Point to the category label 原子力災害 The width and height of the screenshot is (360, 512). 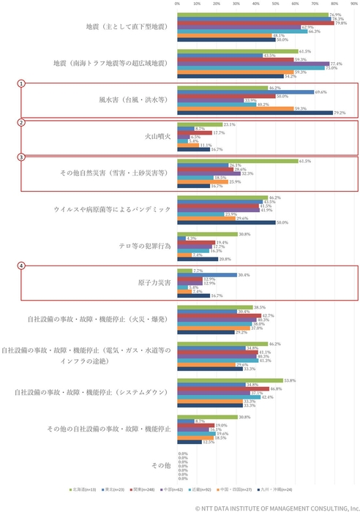(x=154, y=283)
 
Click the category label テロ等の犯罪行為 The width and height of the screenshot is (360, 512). (x=145, y=246)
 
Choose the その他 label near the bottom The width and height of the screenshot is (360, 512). (x=161, y=464)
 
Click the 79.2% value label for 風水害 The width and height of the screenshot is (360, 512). (x=339, y=113)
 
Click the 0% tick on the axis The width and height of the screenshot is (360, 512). (x=177, y=4)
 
